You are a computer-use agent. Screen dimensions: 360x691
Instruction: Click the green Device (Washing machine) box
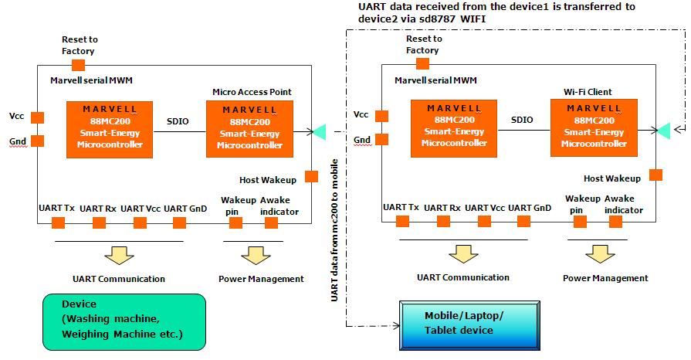point(124,320)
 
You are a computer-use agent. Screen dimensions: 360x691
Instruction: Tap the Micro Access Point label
point(252,92)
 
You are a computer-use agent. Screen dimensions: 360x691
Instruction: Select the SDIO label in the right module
point(522,120)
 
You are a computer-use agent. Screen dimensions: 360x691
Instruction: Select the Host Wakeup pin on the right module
point(655,175)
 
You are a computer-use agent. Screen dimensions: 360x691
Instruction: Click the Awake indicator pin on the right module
point(615,222)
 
